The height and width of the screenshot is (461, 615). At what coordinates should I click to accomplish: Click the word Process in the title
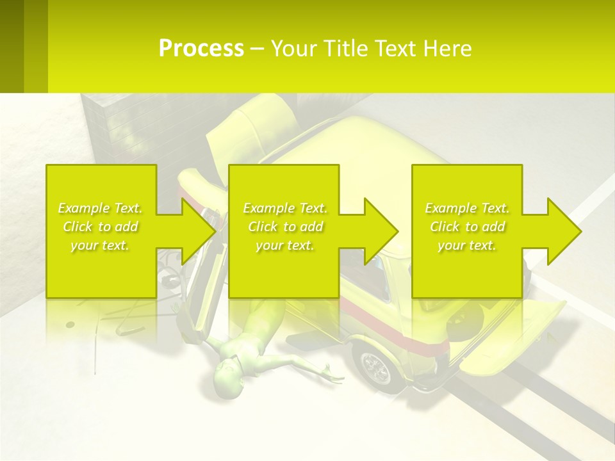[x=201, y=49]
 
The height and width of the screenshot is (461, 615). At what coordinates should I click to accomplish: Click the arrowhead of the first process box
[x=199, y=231]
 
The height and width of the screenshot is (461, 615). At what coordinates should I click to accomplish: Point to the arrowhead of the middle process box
[x=381, y=231]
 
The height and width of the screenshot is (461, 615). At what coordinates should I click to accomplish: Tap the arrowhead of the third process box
[x=564, y=231]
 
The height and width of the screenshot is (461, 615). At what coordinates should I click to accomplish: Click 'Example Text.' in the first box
[x=100, y=208]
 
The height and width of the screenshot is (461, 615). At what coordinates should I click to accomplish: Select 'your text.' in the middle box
[x=285, y=245]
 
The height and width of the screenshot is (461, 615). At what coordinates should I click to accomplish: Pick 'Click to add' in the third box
[x=468, y=227]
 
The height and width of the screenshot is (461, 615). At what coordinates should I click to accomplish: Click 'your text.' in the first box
[x=100, y=245]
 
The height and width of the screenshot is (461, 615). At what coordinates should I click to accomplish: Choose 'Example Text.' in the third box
[x=468, y=208]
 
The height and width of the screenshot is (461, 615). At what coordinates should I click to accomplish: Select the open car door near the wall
[x=256, y=122]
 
